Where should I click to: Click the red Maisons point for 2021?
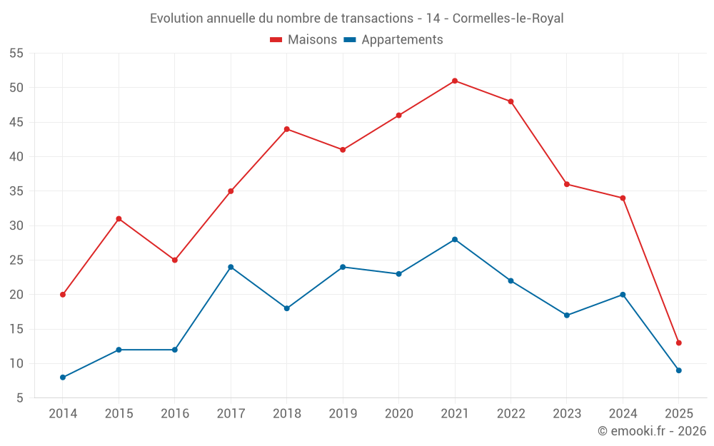click(455, 81)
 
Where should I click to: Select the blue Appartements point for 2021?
click(455, 239)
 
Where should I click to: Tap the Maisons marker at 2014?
click(63, 295)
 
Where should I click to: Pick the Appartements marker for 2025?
click(679, 370)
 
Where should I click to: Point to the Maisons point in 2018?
click(287, 129)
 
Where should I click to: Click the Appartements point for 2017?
click(231, 267)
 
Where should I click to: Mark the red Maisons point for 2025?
click(679, 343)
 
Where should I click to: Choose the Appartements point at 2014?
click(63, 377)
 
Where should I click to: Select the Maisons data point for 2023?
click(567, 184)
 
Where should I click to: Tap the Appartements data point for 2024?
click(623, 295)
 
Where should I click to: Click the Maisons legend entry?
click(303, 40)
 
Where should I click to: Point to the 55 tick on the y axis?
click(16, 54)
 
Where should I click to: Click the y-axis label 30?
click(16, 225)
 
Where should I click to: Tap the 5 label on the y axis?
click(20, 398)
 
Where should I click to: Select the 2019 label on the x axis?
click(343, 414)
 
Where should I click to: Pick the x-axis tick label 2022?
click(511, 414)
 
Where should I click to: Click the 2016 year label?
click(175, 414)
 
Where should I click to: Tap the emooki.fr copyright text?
click(652, 431)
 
